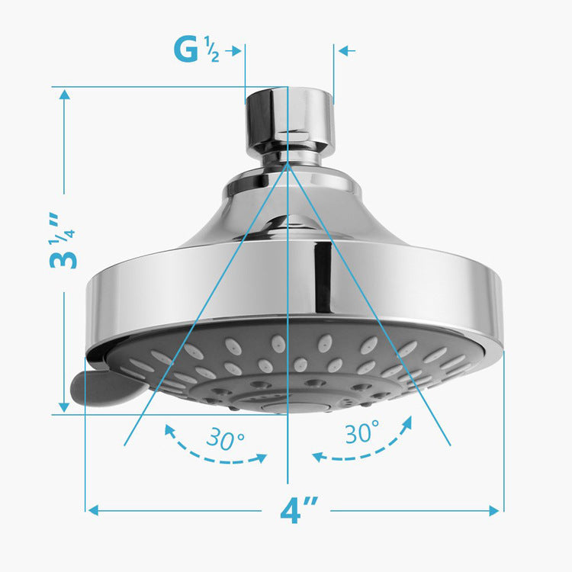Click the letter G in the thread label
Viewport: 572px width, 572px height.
click(x=185, y=50)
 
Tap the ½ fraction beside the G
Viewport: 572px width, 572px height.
click(x=211, y=51)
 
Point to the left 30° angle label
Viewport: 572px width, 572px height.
click(x=224, y=439)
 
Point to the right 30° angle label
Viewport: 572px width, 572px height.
click(x=362, y=433)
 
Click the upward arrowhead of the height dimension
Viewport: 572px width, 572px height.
click(x=64, y=96)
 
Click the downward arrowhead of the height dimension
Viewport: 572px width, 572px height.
click(x=64, y=407)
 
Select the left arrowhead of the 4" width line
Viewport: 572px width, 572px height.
click(x=93, y=509)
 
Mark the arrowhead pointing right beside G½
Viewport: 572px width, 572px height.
click(x=236, y=51)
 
